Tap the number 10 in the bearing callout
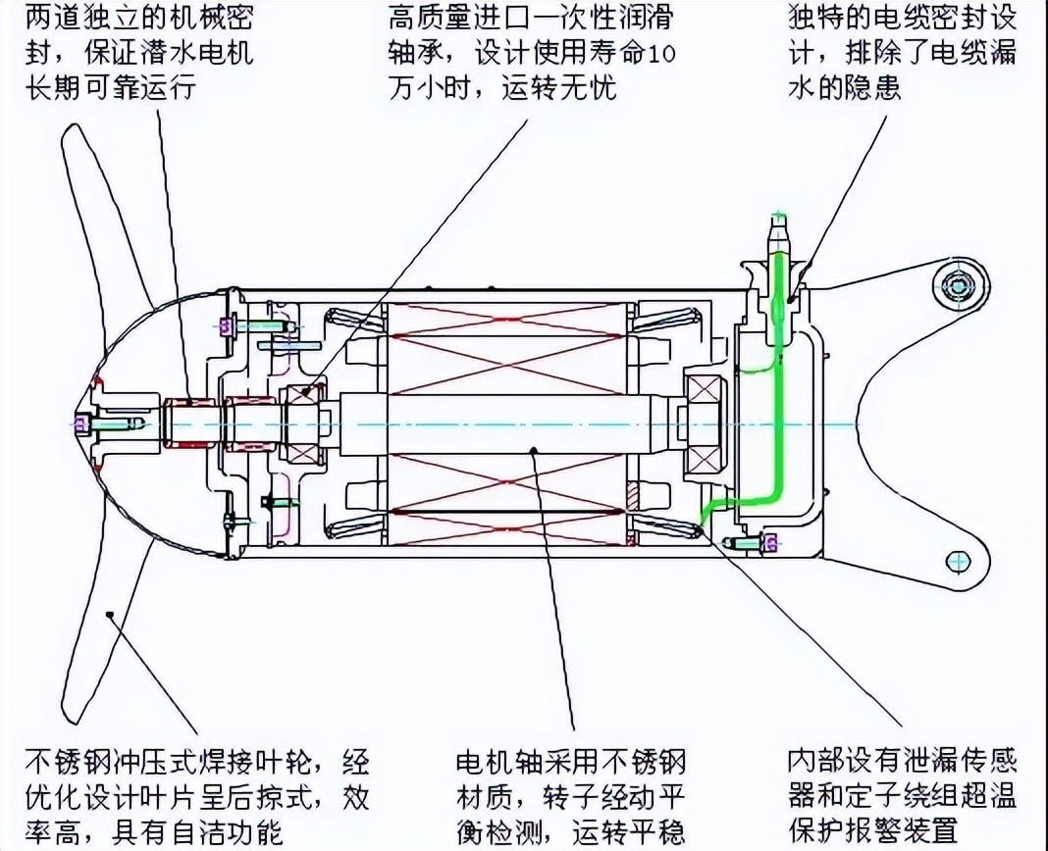click(x=662, y=53)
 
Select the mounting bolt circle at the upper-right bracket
click(x=956, y=285)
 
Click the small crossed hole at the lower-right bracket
click(x=956, y=560)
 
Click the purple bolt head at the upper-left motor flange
click(x=225, y=325)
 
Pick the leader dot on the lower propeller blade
click(x=111, y=614)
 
